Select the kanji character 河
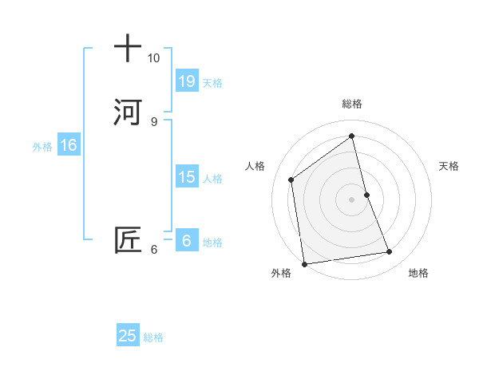(128, 112)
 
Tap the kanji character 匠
(128, 240)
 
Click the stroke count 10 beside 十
(153, 58)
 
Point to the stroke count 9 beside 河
(153, 121)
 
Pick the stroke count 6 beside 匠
(153, 250)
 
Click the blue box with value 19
(186, 81)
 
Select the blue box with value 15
(186, 177)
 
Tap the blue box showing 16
(68, 145)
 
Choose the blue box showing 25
(128, 336)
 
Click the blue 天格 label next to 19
(212, 82)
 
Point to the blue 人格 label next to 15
(212, 179)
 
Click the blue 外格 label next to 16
(42, 147)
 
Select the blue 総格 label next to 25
(153, 337)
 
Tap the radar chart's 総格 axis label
(352, 104)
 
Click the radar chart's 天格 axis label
(449, 166)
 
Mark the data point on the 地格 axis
(390, 252)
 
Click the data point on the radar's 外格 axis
(304, 263)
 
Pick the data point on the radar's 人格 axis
(291, 180)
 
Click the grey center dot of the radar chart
(352, 199)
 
